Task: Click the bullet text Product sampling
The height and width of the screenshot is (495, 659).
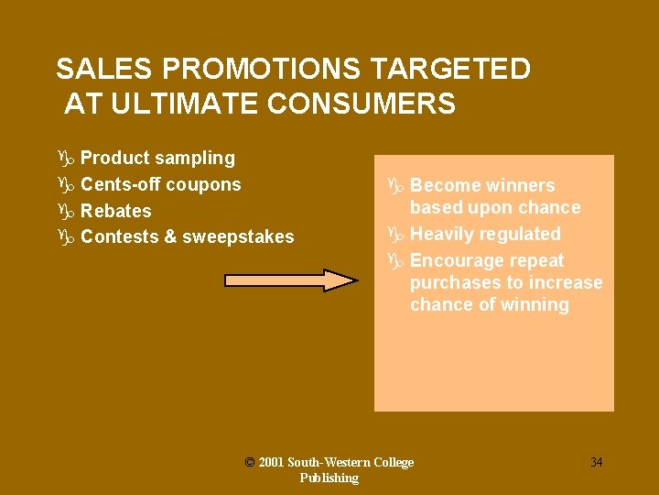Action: (157, 158)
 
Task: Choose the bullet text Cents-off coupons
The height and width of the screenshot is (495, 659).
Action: (160, 184)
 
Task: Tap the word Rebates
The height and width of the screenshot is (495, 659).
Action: (116, 211)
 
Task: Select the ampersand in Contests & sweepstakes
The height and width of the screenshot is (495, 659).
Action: (169, 237)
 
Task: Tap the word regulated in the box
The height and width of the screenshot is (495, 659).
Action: (518, 234)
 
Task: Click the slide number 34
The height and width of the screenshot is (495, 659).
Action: (596, 462)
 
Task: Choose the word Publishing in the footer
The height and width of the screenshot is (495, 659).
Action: (329, 478)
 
